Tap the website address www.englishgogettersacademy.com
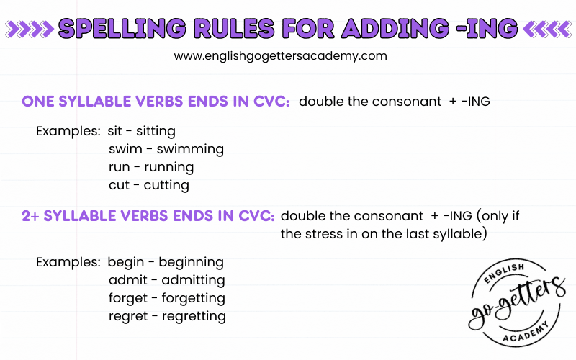tap(281, 55)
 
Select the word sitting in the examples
tap(156, 132)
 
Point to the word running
tap(169, 167)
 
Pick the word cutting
tap(166, 185)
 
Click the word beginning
tap(191, 262)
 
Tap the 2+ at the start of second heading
tap(30, 215)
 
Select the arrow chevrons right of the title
tap(546, 29)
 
